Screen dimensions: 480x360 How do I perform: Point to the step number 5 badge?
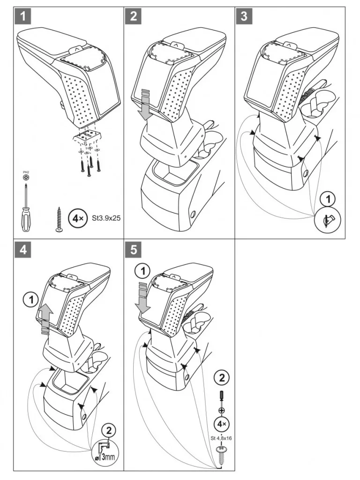(134, 250)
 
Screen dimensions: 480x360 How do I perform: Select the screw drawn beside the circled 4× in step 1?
(60, 218)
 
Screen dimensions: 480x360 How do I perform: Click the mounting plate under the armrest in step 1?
(87, 136)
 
